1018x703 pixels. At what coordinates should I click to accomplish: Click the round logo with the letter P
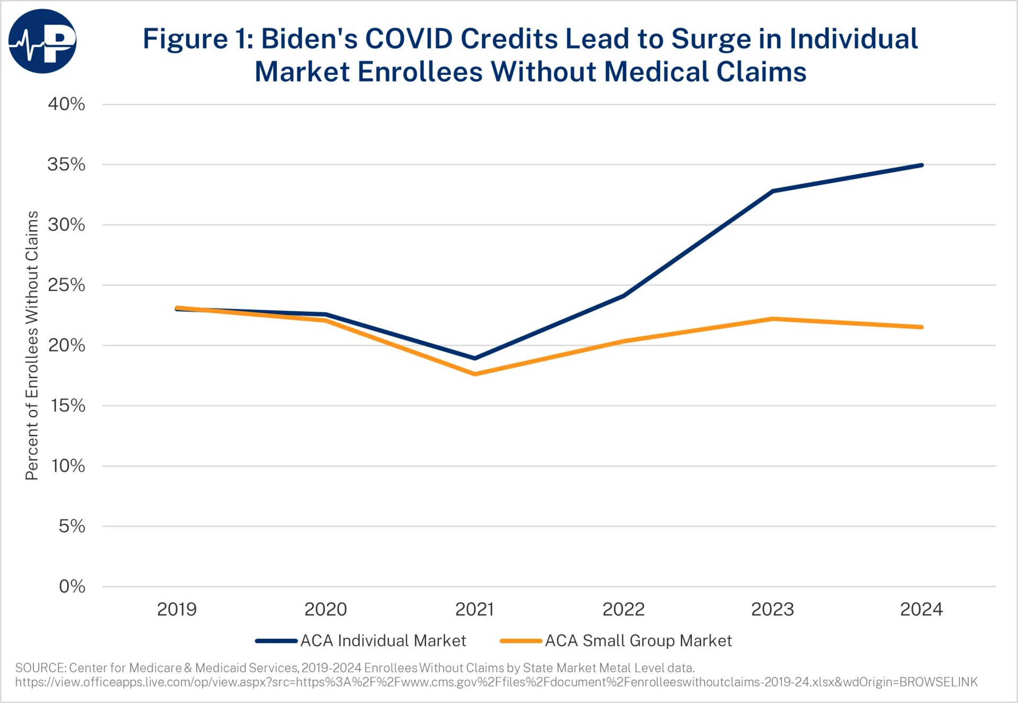coord(42,41)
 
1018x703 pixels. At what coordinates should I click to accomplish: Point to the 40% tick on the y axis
coord(66,104)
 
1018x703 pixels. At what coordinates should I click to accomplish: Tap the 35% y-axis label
coord(66,164)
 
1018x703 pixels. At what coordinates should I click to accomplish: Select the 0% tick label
coord(72,586)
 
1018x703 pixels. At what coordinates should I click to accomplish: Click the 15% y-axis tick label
coord(68,406)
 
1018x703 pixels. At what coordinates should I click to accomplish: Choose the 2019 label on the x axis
coord(177,609)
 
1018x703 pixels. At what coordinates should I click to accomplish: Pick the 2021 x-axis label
coord(475,609)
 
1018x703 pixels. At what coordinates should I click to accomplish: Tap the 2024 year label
coord(922,609)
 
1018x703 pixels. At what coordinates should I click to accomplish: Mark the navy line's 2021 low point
coord(475,358)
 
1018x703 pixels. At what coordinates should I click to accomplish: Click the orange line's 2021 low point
coord(475,374)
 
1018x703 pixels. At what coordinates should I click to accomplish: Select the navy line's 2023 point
coord(773,191)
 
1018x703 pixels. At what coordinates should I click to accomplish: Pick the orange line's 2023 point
coord(773,319)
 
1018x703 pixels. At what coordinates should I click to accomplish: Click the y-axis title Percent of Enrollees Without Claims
coord(32,345)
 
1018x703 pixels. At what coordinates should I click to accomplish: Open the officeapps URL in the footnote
coord(496,682)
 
